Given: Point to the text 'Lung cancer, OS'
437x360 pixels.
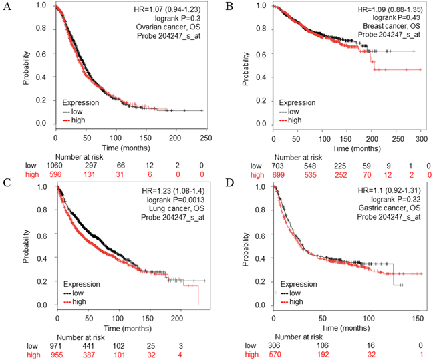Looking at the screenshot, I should click(x=178, y=211).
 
